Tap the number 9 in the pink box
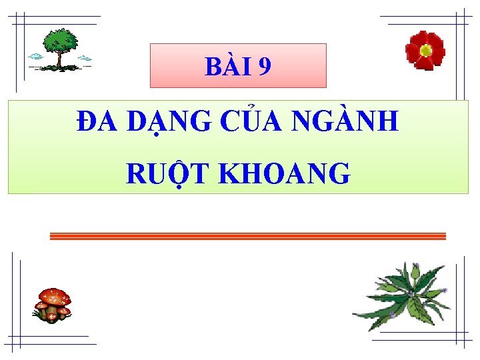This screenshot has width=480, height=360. (x=264, y=67)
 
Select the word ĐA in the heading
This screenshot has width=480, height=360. (x=97, y=121)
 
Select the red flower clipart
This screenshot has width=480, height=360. (x=425, y=50)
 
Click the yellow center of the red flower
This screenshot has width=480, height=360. (x=425, y=49)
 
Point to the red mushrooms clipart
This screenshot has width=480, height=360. (x=53, y=305)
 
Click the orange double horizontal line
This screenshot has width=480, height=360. (x=247, y=236)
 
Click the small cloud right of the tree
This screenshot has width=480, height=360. (x=85, y=59)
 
